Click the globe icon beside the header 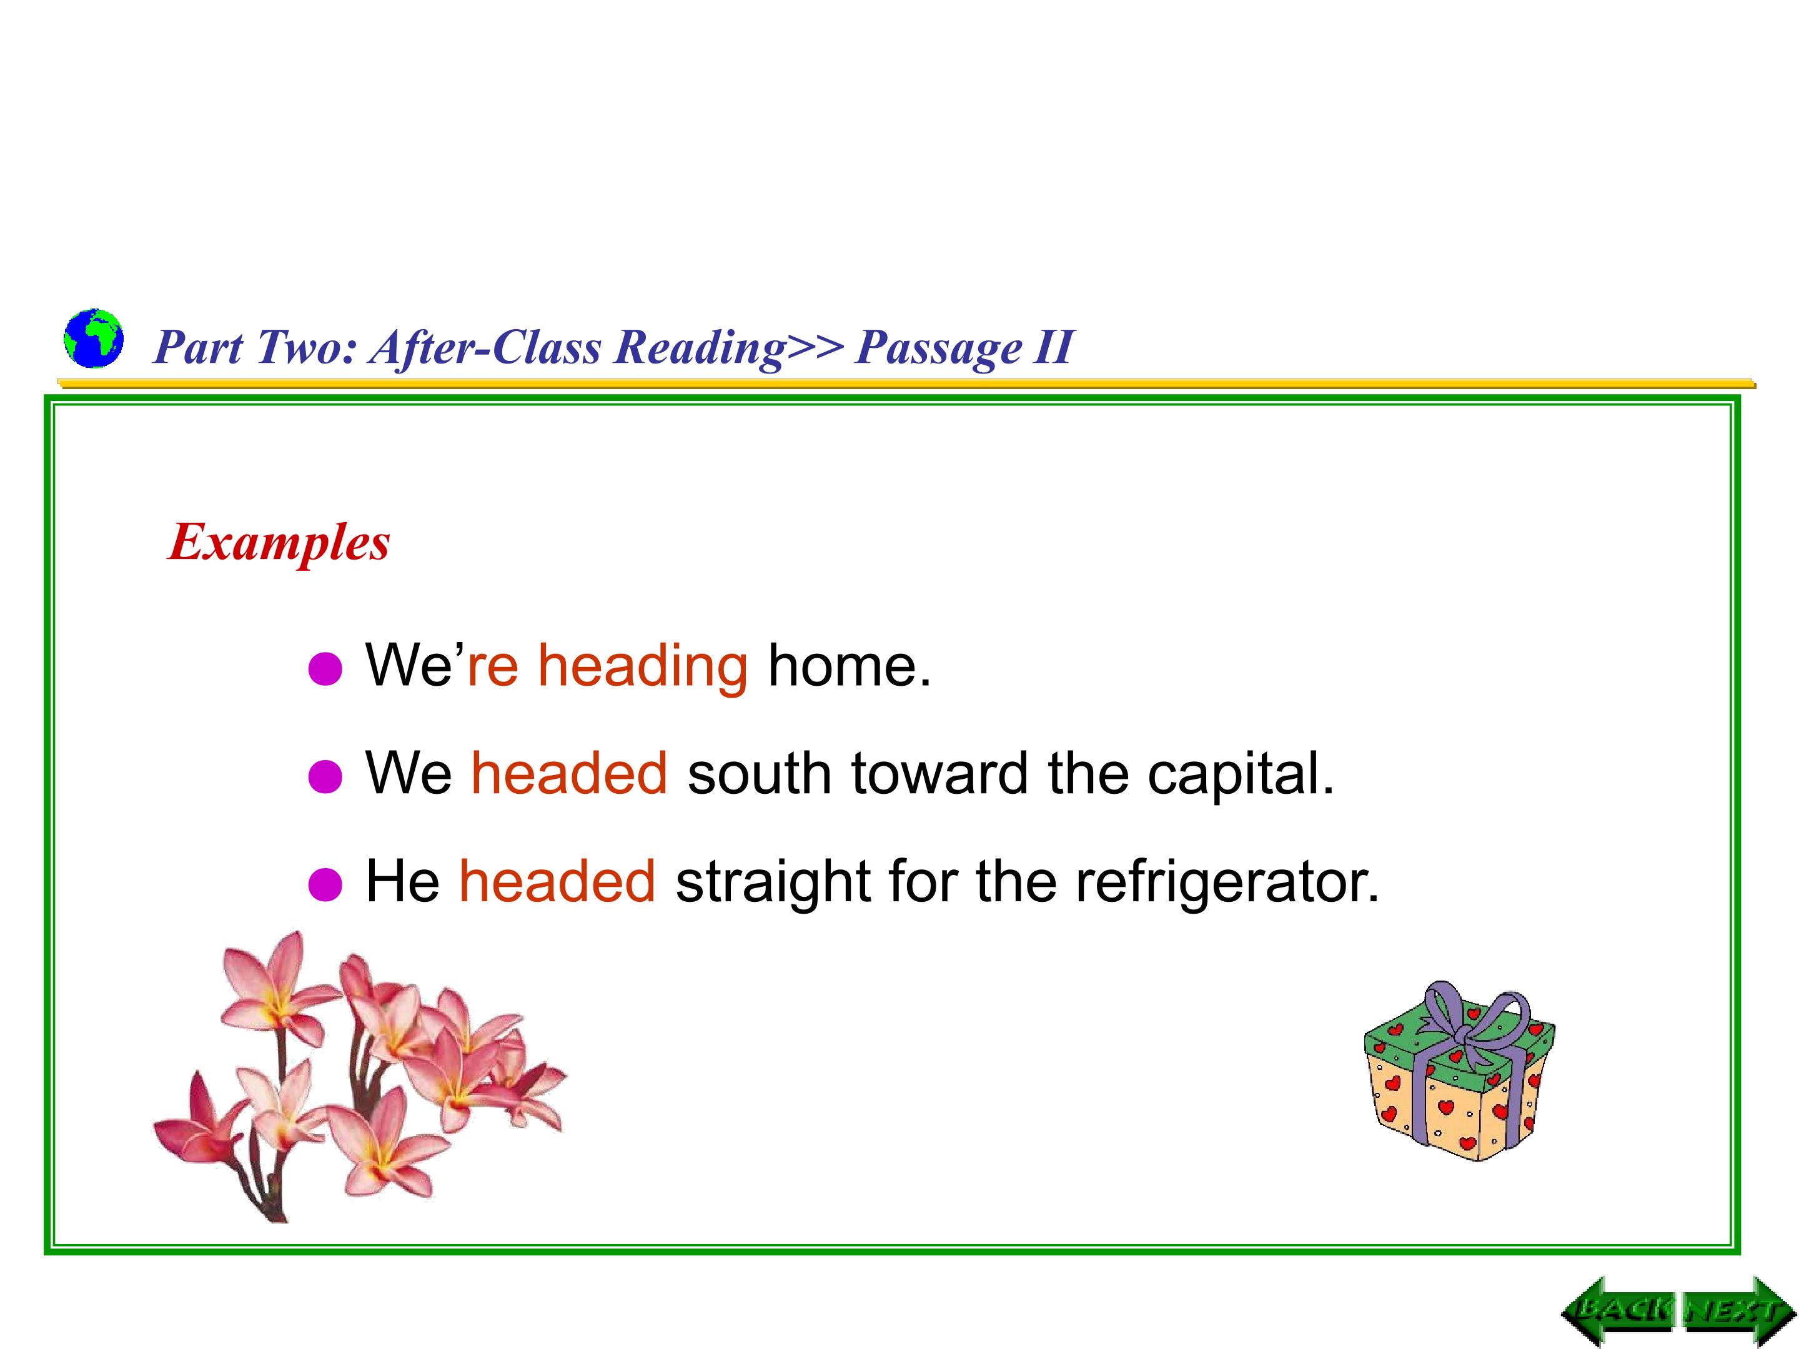tap(94, 338)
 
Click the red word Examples tap(279, 542)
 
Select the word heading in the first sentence tap(643, 665)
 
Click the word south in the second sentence tap(760, 773)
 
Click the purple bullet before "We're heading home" tap(325, 670)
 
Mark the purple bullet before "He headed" tap(325, 885)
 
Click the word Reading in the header tap(700, 347)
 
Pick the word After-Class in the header tap(485, 347)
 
